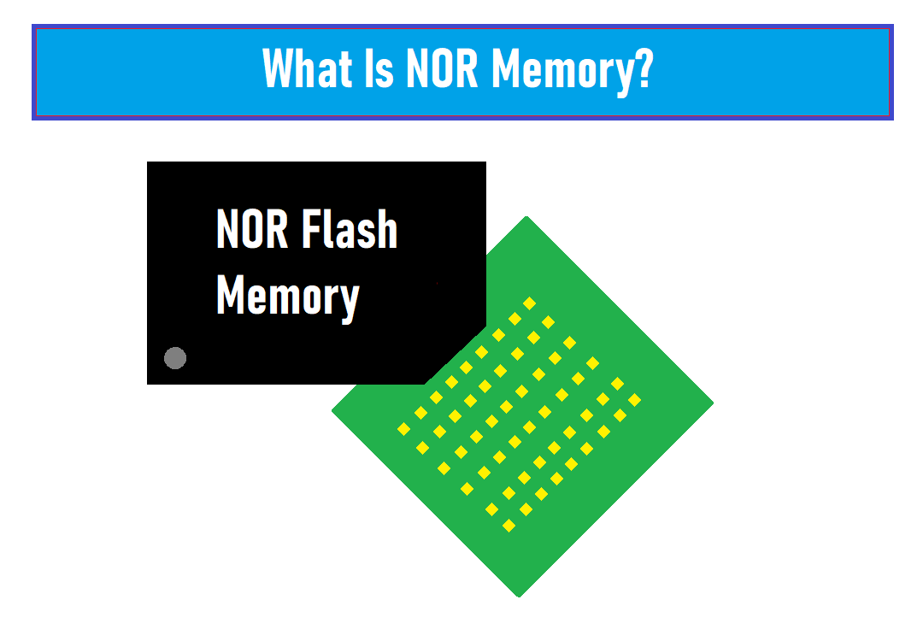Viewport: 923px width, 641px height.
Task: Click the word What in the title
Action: pyautogui.click(x=308, y=68)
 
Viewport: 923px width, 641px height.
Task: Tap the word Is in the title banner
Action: pyautogui.click(x=379, y=68)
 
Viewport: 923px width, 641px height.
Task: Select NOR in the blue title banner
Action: pyautogui.click(x=442, y=68)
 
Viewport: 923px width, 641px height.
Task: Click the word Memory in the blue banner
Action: pyautogui.click(x=562, y=72)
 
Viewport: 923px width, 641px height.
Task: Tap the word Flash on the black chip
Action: pyautogui.click(x=350, y=229)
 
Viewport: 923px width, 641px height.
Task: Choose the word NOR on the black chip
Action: pyautogui.click(x=252, y=229)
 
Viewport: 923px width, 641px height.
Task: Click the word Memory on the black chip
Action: pyautogui.click(x=288, y=297)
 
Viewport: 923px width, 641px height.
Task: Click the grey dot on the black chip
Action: pyautogui.click(x=175, y=358)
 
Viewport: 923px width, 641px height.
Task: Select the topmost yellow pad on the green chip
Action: pyautogui.click(x=529, y=303)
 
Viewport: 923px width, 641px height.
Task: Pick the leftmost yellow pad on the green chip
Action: pyautogui.click(x=403, y=429)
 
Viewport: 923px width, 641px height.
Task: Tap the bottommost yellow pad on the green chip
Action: pyautogui.click(x=509, y=526)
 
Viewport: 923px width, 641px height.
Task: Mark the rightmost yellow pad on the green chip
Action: pyautogui.click(x=634, y=400)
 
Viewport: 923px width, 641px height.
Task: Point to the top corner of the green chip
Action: pyautogui.click(x=526, y=216)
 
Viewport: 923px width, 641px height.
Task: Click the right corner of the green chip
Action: pyautogui.click(x=714, y=403)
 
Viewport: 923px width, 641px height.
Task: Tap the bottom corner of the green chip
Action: pyautogui.click(x=520, y=597)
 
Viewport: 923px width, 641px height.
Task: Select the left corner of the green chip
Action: pyautogui.click(x=332, y=410)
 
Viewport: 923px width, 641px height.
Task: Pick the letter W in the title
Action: pyautogui.click(x=279, y=68)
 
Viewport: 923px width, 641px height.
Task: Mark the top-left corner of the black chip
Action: pyautogui.click(x=147, y=162)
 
